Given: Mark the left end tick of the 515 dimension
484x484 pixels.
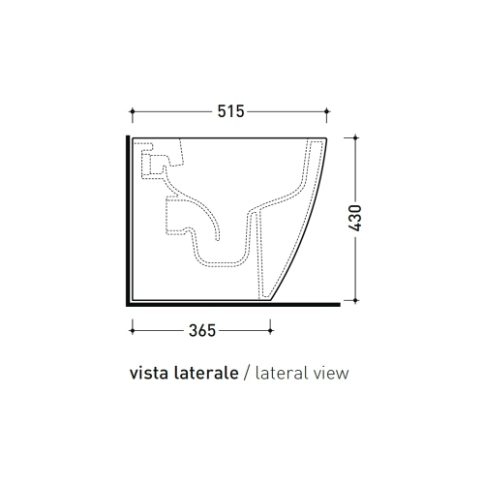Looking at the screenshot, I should [x=130, y=109].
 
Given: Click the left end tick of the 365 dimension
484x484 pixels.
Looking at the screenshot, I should [x=130, y=329].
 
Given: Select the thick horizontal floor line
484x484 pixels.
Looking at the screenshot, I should [x=232, y=302].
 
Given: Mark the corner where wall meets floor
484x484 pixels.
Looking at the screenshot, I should [x=127, y=302].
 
